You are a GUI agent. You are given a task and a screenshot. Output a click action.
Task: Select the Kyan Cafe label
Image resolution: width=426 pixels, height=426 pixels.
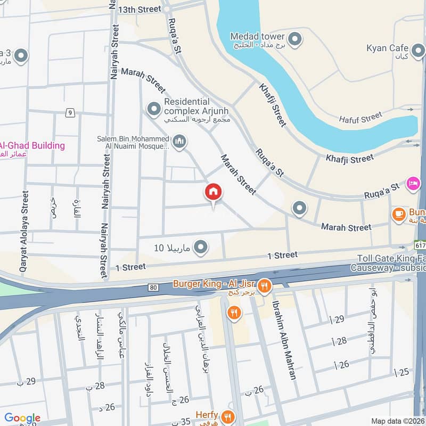(387, 48)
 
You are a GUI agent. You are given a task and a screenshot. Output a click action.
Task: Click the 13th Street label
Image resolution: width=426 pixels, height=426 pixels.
(140, 9)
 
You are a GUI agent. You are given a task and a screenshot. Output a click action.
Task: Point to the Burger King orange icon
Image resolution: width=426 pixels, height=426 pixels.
(265, 286)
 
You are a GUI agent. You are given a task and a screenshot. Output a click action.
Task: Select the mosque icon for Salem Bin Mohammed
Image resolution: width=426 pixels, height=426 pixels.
(179, 142)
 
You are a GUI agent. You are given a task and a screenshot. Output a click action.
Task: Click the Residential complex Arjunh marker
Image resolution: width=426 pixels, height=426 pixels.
(154, 109)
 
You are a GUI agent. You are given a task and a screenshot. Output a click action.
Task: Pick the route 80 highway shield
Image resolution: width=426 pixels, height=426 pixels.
(153, 288)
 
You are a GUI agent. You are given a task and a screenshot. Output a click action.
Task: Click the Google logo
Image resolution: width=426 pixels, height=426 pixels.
(22, 418)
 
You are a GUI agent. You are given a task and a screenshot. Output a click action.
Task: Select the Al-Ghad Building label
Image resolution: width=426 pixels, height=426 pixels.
(32, 145)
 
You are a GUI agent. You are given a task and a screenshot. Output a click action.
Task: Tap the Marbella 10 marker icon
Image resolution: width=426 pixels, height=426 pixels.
(201, 247)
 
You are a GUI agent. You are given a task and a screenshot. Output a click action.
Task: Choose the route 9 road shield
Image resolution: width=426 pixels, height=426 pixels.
(69, 112)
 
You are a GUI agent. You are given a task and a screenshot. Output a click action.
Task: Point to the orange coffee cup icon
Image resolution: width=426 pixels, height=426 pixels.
(398, 214)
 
